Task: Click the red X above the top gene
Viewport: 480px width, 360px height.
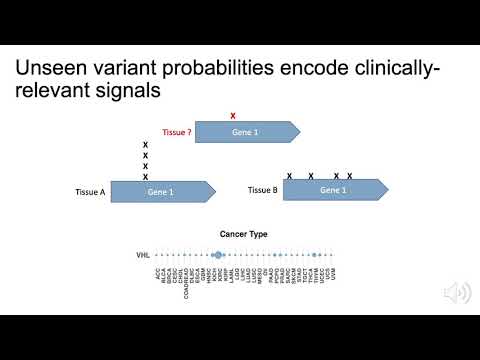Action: pos(233,116)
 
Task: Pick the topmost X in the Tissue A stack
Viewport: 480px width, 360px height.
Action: pos(145,145)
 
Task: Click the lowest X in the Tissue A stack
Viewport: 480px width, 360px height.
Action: pos(145,177)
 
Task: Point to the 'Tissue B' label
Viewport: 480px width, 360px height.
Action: pos(262,189)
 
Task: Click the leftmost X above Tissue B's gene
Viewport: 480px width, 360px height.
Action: pos(290,176)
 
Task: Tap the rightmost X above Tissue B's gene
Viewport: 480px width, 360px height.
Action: pos(349,176)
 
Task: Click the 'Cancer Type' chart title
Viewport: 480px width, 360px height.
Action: pos(244,235)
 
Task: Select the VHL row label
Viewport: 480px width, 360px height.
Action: pos(143,256)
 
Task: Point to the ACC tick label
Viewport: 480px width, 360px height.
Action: pos(158,272)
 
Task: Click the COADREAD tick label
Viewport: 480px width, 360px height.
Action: pos(188,279)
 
